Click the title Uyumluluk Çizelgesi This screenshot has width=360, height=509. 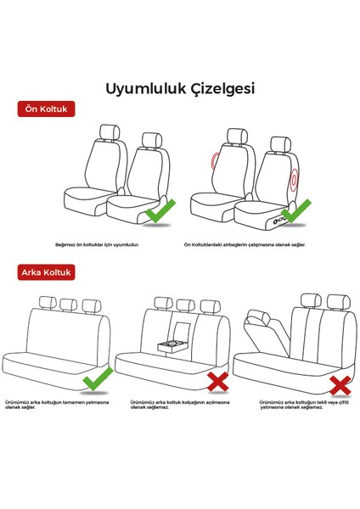point(179,87)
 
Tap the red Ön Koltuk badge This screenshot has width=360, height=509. point(48,109)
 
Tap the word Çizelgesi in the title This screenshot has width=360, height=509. point(219,87)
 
